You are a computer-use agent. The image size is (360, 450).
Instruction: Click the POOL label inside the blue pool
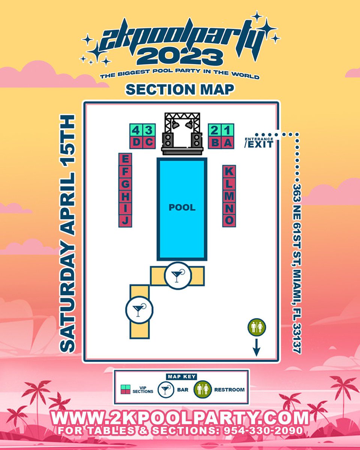click(182, 207)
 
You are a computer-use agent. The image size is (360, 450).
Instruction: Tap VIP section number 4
click(136, 130)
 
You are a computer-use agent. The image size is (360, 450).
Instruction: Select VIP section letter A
click(228, 142)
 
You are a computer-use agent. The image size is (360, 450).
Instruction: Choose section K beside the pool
click(229, 171)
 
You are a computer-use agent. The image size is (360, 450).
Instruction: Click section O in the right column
click(229, 220)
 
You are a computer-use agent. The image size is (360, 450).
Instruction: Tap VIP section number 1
click(228, 130)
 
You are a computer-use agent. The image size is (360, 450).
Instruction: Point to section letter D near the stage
click(136, 142)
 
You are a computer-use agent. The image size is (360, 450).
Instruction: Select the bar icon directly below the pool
click(178, 276)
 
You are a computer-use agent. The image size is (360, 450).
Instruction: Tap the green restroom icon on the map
click(257, 327)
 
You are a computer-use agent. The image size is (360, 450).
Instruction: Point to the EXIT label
click(258, 144)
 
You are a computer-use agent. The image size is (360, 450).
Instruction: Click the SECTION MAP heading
click(180, 89)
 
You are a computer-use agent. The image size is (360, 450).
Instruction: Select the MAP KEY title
click(181, 376)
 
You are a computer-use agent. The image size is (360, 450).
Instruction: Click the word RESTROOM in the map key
click(229, 390)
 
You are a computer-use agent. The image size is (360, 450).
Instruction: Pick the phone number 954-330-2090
click(262, 431)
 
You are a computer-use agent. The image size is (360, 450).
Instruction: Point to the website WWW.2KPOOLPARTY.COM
click(180, 417)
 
